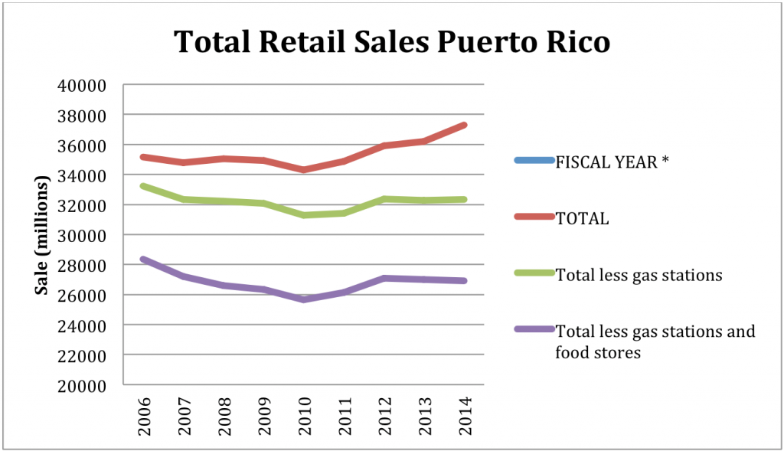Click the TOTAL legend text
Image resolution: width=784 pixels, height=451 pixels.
583,219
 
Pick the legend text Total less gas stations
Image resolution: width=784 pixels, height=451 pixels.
639,275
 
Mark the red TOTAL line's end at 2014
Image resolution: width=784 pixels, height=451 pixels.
465,125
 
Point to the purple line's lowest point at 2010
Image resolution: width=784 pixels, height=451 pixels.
304,299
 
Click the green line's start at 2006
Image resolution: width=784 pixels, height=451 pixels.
143,186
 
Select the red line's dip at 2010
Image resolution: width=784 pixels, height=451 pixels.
304,169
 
